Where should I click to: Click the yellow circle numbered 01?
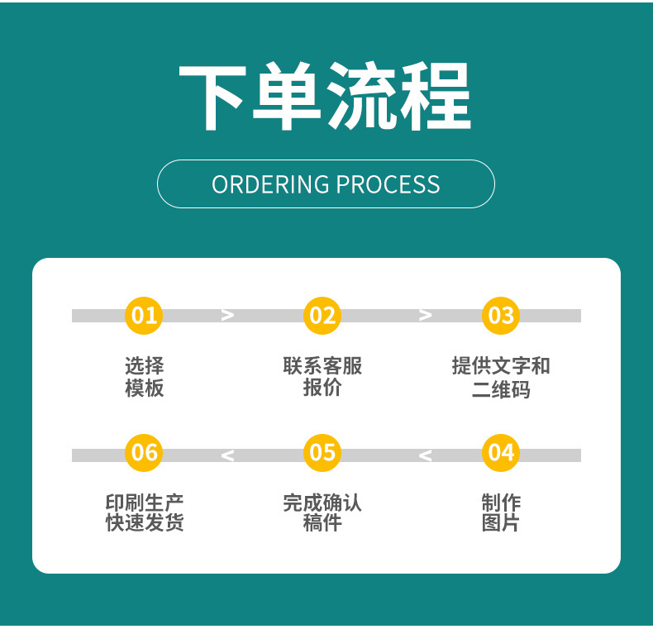[x=144, y=315]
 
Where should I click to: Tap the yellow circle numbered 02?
[x=322, y=315]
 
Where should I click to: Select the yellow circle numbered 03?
[x=501, y=315]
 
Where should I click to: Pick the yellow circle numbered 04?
[x=501, y=452]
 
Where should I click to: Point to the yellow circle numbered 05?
[x=322, y=452]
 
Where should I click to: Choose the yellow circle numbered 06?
[x=144, y=452]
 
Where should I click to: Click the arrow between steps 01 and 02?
[x=228, y=315]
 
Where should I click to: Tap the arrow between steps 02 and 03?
[x=426, y=315]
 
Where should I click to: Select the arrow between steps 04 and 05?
[x=425, y=455]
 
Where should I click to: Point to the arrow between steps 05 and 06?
[x=227, y=455]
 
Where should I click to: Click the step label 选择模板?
[x=144, y=377]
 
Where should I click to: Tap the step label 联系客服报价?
[x=322, y=377]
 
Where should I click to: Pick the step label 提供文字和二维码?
[x=501, y=377]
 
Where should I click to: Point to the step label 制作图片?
[x=501, y=512]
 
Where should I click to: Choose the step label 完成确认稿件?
[x=322, y=512]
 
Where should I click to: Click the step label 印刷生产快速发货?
[x=144, y=512]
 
